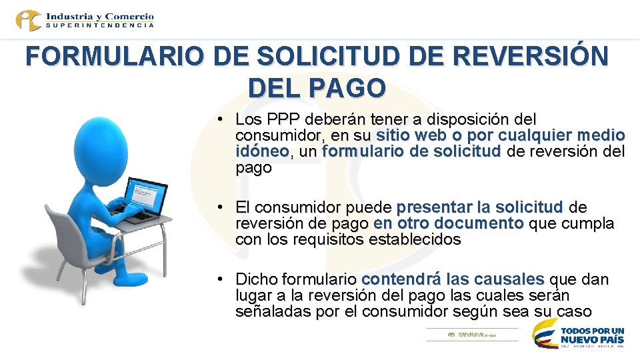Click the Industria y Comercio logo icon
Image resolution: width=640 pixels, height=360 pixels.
28,20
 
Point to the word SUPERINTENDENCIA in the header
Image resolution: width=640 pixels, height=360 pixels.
100,25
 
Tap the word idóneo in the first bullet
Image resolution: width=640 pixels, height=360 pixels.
262,152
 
